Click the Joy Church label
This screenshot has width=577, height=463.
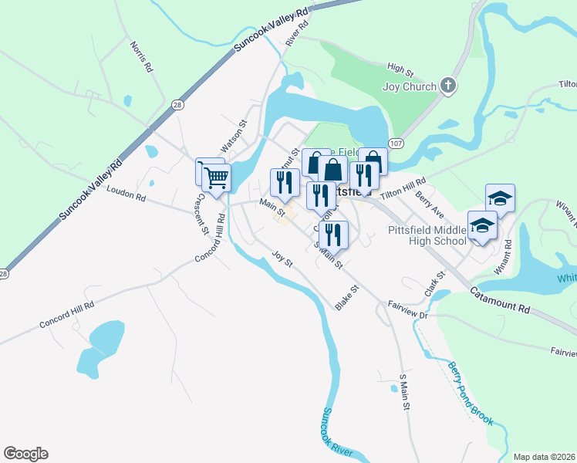point(410,86)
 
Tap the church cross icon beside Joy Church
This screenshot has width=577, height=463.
point(449,86)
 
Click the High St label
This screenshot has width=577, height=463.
point(401,69)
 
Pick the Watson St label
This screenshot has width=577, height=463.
point(234,134)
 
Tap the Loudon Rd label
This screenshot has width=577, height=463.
point(127,196)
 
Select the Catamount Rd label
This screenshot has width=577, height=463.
point(501,299)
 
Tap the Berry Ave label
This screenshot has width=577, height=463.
point(429,207)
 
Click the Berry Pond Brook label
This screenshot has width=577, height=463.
point(470,393)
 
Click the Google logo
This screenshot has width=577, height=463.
point(25,454)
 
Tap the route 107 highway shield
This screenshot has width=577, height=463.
point(396,144)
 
